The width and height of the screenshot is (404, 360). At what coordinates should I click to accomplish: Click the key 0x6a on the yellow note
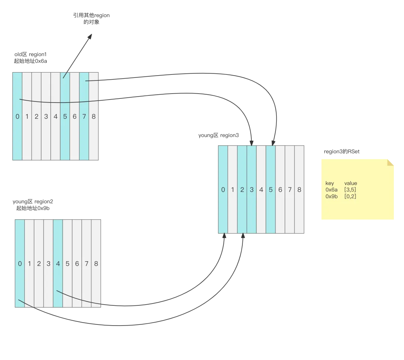pos(331,190)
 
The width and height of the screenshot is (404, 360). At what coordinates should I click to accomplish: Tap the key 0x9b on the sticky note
pos(331,196)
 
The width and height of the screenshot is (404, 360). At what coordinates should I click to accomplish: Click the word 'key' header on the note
pos(330,183)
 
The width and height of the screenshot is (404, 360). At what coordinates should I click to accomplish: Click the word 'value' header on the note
pos(351,183)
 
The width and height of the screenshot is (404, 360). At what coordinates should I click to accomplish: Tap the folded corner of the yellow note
pos(391,162)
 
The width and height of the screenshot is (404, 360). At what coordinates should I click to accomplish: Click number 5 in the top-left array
pos(65,116)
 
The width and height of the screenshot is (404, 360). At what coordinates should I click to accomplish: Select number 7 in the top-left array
pos(84,116)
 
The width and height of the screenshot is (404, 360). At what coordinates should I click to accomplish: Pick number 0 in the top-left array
pos(17,116)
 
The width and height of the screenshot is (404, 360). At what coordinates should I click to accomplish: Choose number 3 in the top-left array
pos(46,116)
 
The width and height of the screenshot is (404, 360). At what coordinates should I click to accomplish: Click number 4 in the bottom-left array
pos(58,263)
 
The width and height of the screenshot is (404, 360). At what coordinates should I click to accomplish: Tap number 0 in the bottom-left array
pos(20,263)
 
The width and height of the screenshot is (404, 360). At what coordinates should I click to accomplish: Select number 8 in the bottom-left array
pos(96,263)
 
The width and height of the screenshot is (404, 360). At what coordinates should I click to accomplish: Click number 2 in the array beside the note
pos(242,190)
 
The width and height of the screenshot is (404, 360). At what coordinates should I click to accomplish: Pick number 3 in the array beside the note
pos(252,190)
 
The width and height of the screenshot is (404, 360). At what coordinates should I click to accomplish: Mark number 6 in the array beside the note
pos(280,190)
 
